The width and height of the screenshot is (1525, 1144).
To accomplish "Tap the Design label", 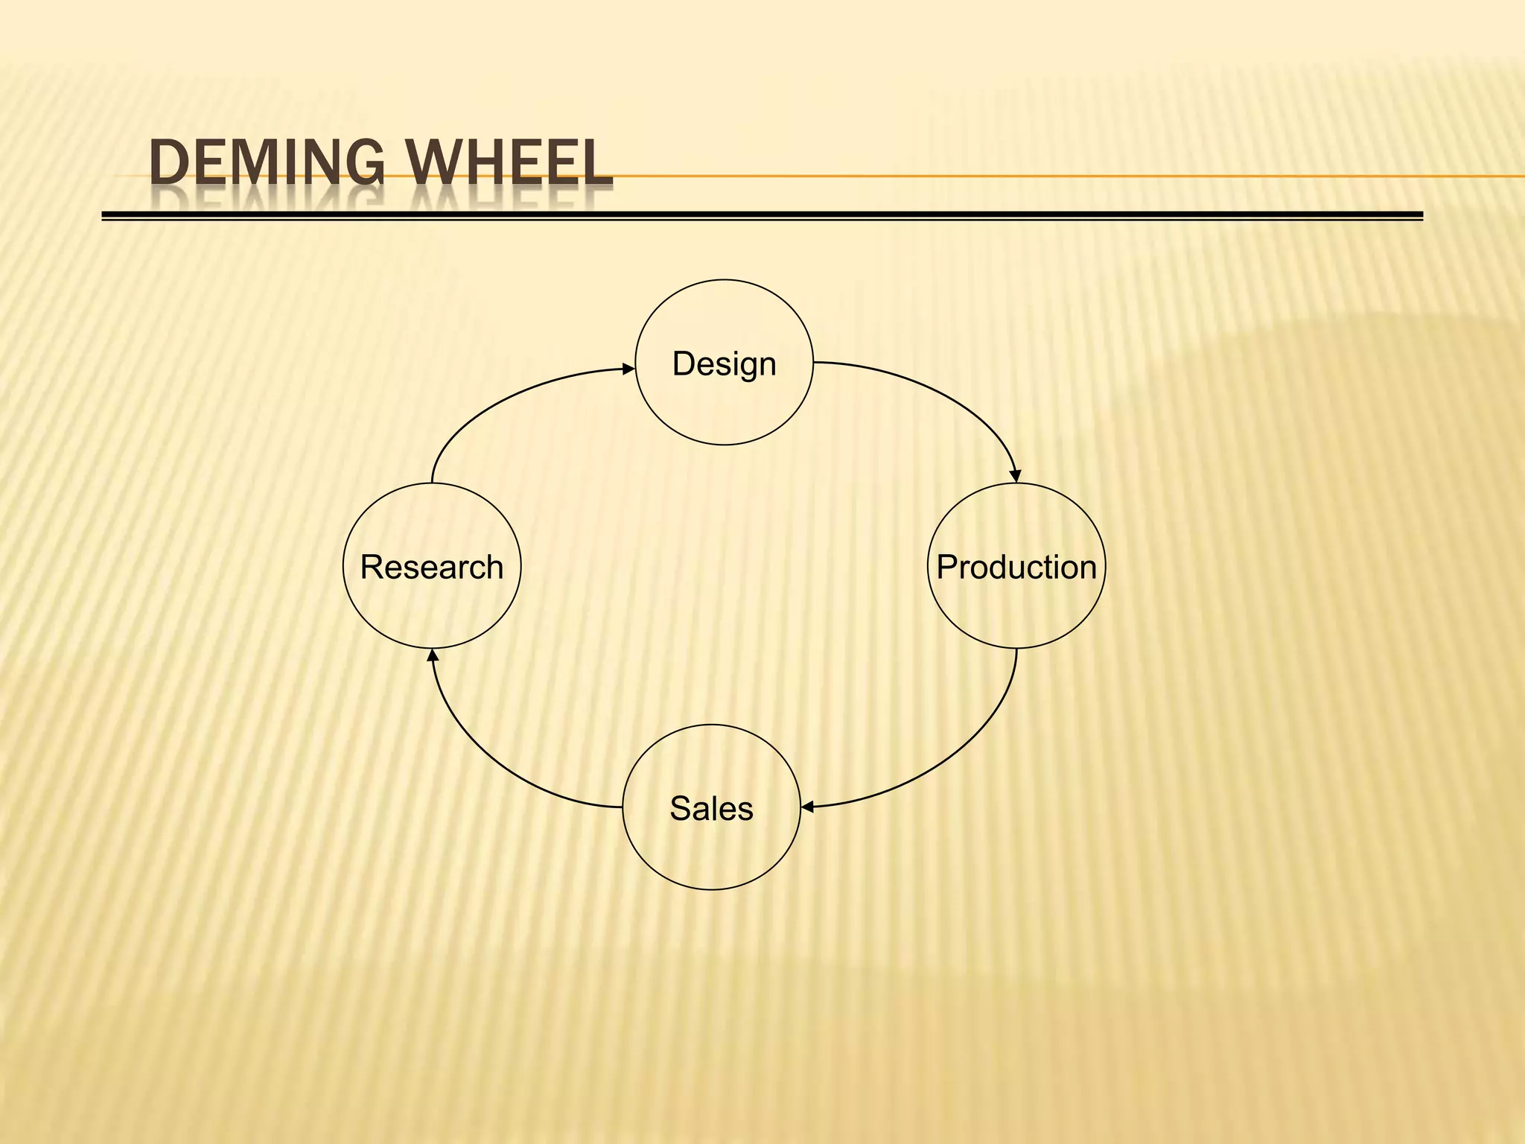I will tap(724, 364).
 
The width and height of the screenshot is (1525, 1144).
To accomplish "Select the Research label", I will tap(432, 568).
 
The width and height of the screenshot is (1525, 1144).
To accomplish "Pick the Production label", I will tap(1016, 568).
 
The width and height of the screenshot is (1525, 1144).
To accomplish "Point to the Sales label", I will tap(711, 809).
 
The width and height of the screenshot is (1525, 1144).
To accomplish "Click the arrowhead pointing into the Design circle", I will tap(629, 369).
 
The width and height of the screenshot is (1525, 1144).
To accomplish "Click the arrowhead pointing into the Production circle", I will tap(1015, 476).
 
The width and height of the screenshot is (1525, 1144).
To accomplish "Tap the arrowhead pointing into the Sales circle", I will tap(807, 807).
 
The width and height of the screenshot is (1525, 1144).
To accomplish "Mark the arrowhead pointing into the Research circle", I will tap(433, 655).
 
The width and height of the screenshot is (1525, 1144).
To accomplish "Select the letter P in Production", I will tap(946, 568).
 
